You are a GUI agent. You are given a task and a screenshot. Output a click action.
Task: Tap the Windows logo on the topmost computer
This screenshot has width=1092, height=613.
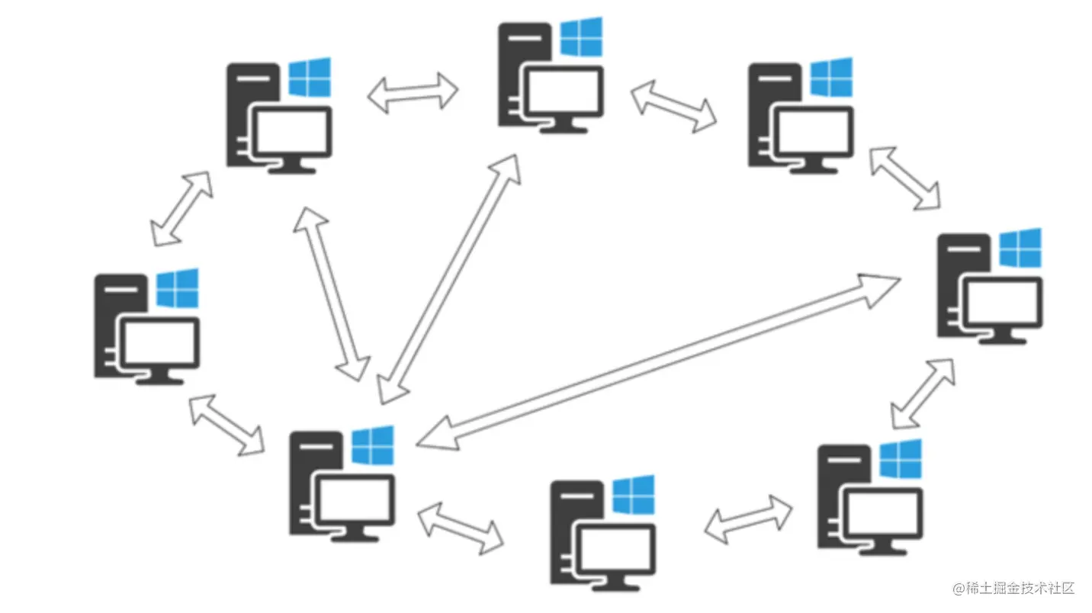(x=581, y=37)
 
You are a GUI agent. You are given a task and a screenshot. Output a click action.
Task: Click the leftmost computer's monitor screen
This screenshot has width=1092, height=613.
(x=161, y=342)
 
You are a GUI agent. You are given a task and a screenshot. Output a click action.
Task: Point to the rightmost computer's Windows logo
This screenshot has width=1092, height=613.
(x=1020, y=247)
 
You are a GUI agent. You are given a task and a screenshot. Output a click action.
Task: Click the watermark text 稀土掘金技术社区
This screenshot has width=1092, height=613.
(x=1019, y=588)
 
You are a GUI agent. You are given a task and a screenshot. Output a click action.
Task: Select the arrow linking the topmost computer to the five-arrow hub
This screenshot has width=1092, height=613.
(x=449, y=279)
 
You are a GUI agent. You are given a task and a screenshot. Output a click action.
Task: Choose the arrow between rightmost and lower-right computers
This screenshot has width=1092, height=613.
(x=922, y=393)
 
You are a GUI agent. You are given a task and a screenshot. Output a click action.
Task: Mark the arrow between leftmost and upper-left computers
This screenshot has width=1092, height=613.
(x=181, y=208)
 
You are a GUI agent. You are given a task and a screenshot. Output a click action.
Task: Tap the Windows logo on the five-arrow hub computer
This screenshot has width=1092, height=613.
(x=372, y=445)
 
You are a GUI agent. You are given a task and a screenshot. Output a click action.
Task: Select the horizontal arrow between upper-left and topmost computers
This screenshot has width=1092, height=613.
(x=413, y=93)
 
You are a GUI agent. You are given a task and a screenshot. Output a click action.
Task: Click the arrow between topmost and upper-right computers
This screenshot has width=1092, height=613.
(x=674, y=107)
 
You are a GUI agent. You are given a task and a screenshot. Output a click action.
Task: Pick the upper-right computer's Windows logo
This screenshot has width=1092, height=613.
(x=830, y=77)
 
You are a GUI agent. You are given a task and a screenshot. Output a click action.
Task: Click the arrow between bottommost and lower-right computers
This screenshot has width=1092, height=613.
(x=748, y=519)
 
